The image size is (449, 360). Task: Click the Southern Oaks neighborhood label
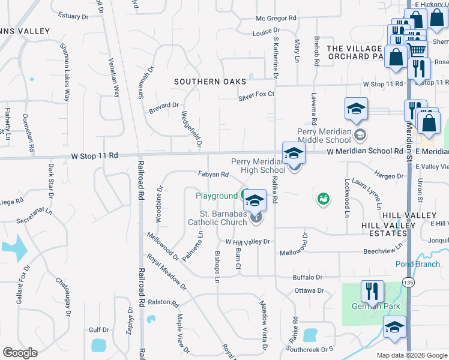[210, 82]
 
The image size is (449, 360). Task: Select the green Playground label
[217, 196]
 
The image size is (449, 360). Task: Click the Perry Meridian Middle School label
[328, 136]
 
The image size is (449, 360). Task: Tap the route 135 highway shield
[408, 281]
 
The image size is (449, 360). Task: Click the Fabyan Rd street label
[213, 175]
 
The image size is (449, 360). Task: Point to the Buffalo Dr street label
[307, 277]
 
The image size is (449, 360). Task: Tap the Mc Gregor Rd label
[276, 19]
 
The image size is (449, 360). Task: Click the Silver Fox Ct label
[256, 95]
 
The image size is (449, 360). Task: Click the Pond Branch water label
[417, 264]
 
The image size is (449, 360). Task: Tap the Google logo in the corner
[20, 353]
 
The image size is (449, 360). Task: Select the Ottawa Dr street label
[309, 290]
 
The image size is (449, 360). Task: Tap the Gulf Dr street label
[98, 329]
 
